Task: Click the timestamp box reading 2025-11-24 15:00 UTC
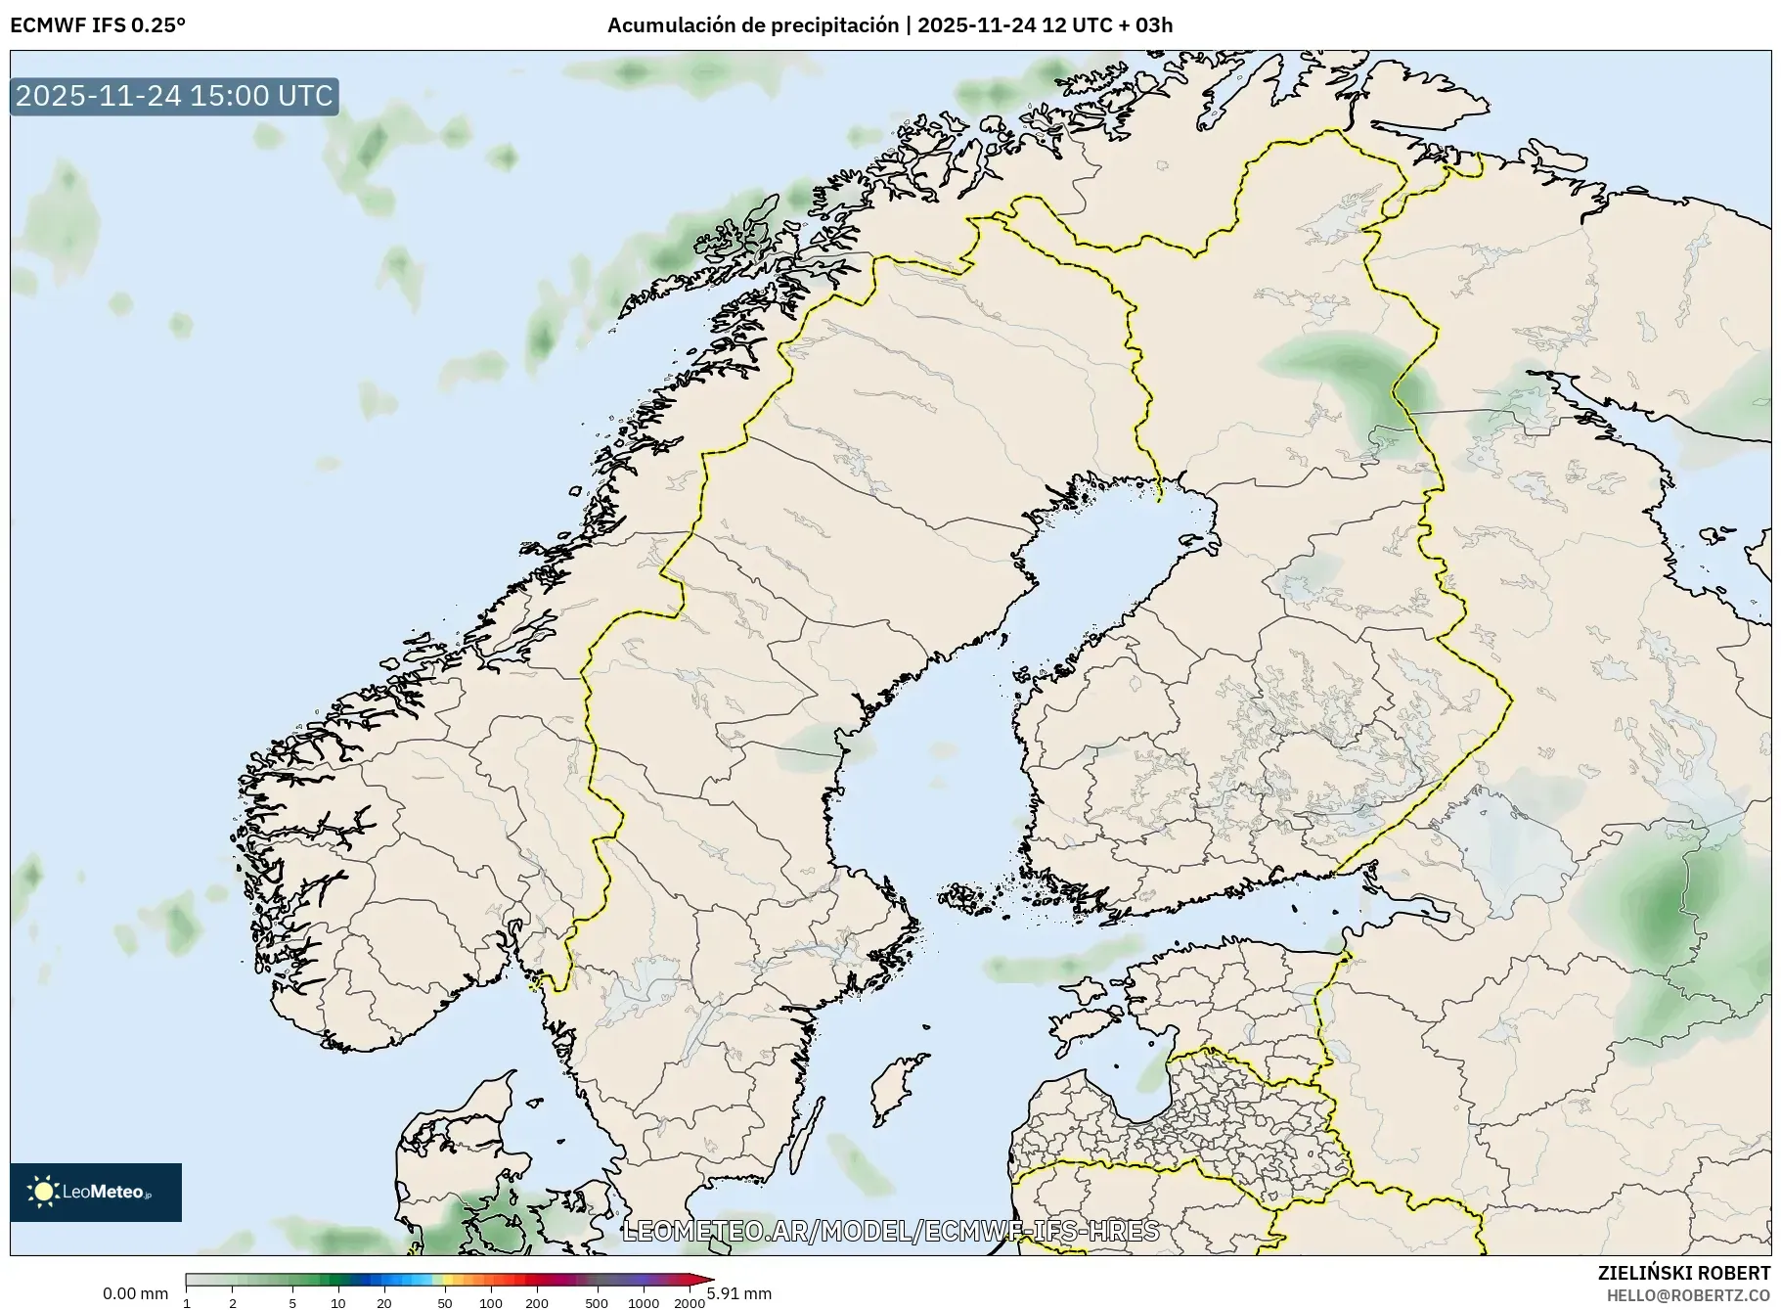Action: pos(174,96)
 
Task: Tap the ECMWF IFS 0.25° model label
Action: pos(97,25)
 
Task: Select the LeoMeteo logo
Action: pos(96,1192)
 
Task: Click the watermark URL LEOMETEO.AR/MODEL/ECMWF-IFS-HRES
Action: pos(890,1231)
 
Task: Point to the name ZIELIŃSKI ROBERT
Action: pos(1683,1273)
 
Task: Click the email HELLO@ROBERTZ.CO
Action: pos(1688,1295)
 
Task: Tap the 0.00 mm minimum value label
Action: pos(135,1293)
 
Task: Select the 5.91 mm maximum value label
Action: pos(739,1293)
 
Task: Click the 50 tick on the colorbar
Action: pos(445,1302)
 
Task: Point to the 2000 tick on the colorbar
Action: pos(690,1302)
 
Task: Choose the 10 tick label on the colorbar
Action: pos(337,1302)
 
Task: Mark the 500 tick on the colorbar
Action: pos(597,1302)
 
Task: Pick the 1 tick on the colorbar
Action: pos(187,1302)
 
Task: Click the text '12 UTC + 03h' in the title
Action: pos(1107,25)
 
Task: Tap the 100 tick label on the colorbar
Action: pos(491,1302)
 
